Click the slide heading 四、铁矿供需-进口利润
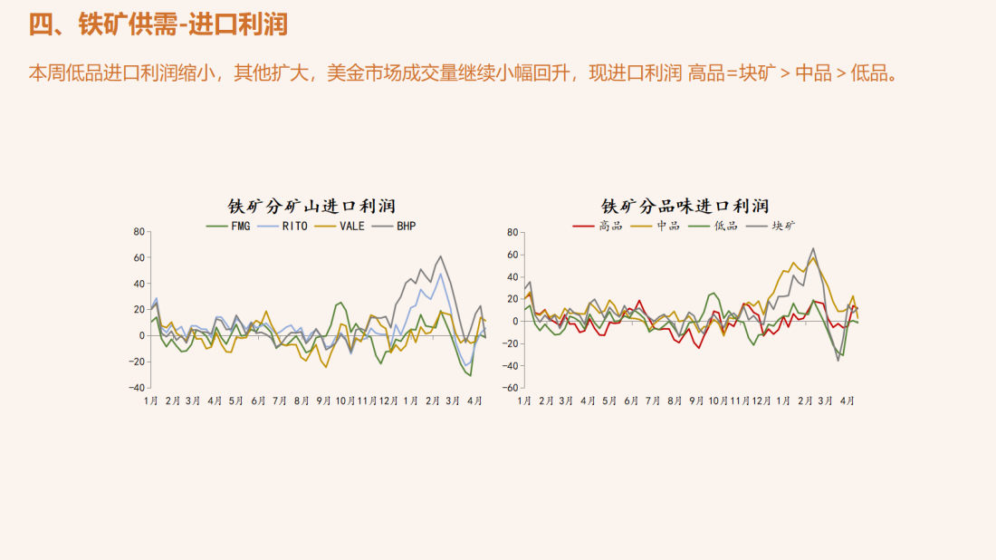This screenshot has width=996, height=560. (158, 24)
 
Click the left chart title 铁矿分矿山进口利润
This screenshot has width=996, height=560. (311, 207)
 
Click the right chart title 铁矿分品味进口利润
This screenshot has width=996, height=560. (685, 207)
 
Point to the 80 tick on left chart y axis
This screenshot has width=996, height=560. (139, 232)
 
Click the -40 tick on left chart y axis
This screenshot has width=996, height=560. (137, 388)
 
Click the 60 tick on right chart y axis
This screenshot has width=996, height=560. (512, 255)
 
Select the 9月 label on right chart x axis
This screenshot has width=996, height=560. (696, 401)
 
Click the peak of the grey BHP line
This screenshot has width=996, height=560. (441, 256)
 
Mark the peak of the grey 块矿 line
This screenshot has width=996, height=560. (813, 248)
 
